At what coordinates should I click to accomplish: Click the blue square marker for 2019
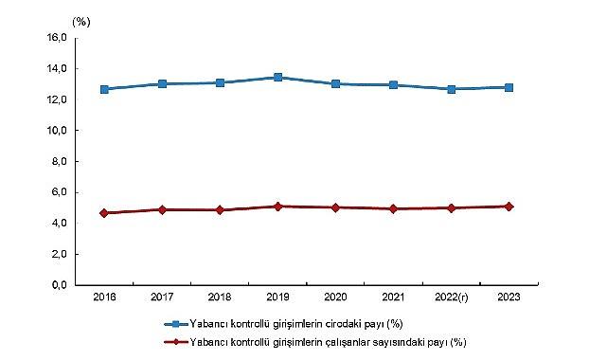[277, 78]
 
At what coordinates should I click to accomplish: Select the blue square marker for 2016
[104, 89]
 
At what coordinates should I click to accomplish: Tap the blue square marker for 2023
[509, 87]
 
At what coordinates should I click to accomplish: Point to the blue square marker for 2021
[394, 85]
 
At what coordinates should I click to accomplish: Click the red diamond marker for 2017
[162, 209]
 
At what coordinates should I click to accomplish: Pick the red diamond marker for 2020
[336, 207]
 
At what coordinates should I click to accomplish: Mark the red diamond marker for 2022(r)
[452, 207]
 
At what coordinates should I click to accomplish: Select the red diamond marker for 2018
[220, 209]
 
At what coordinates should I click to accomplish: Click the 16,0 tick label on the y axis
[55, 38]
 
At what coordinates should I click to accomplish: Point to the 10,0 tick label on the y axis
[55, 131]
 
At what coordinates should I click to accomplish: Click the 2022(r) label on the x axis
[452, 298]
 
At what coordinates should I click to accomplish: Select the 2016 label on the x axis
[104, 298]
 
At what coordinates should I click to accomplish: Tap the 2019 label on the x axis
[277, 298]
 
